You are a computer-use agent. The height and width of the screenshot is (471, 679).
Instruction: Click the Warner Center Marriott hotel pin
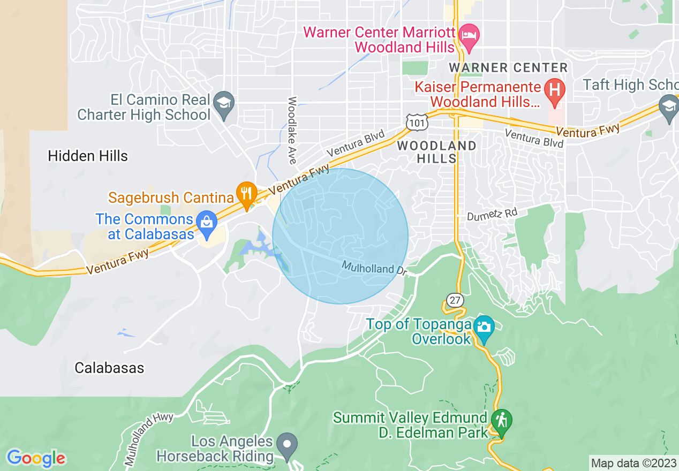[470, 37]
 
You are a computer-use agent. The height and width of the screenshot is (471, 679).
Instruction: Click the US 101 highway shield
[416, 122]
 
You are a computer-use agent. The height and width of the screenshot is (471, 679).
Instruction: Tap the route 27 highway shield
[455, 300]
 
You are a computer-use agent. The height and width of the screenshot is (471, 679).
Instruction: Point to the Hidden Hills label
[88, 156]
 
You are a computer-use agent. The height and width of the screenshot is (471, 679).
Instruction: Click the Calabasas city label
[109, 368]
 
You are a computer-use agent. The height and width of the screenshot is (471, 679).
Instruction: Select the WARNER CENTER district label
[508, 68]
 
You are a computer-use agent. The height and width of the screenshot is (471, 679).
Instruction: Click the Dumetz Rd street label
[492, 214]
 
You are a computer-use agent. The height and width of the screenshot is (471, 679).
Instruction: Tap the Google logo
[36, 458]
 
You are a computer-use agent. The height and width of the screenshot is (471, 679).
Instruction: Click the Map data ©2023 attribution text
[632, 462]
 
